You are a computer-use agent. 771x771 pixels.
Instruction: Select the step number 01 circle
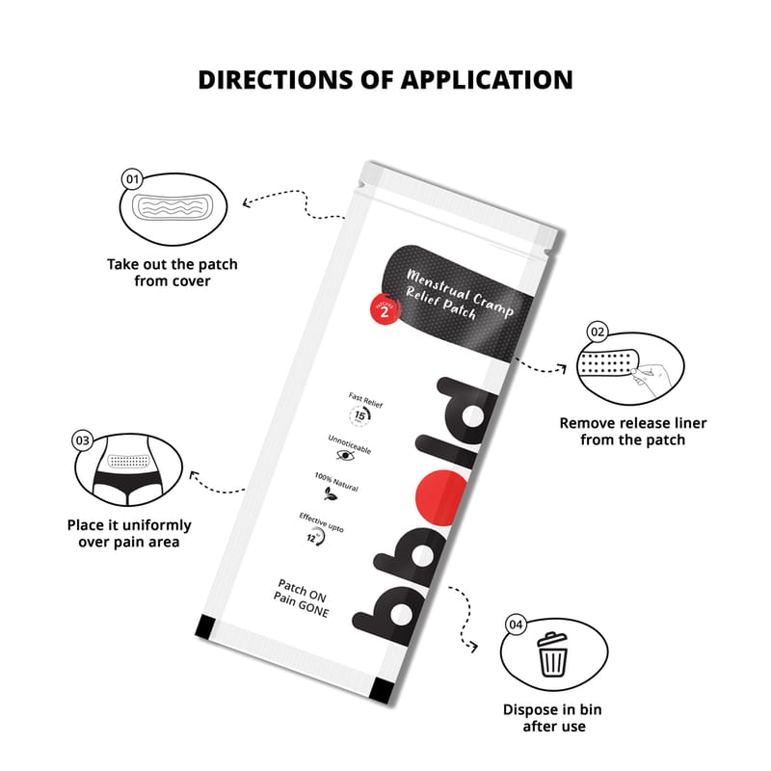coord(133,179)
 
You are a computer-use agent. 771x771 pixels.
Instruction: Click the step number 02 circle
coord(598,332)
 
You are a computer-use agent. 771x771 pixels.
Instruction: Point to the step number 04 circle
coord(516,625)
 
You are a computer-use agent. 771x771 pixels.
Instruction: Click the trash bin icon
coord(552,654)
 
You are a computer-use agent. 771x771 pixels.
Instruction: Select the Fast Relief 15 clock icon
coord(360,416)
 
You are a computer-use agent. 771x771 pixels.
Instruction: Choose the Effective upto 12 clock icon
coord(317,538)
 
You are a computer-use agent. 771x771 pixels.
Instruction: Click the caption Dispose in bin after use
coord(553,718)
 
